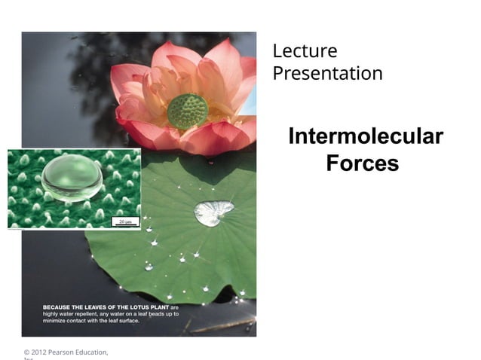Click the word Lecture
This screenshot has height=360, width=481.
pyautogui.click(x=305, y=51)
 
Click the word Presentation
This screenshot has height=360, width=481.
pyautogui.click(x=327, y=74)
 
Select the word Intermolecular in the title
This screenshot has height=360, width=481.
pyautogui.click(x=365, y=137)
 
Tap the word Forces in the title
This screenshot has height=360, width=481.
pyautogui.click(x=362, y=163)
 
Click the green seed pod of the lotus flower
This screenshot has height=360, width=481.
pyautogui.click(x=187, y=110)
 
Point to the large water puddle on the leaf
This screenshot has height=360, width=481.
pyautogui.click(x=213, y=212)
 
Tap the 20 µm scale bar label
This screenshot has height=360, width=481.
pyautogui.click(x=125, y=221)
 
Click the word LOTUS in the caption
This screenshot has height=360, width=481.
pyautogui.click(x=134, y=307)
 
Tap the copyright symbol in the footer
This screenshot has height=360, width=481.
pyautogui.click(x=26, y=352)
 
